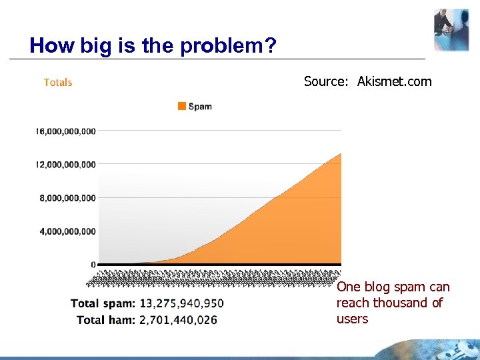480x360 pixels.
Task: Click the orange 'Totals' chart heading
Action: tap(58, 83)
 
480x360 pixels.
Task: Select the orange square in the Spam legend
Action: tap(181, 106)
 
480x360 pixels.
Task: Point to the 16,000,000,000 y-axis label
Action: tap(65, 131)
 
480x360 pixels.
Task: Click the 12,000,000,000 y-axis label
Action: tap(65, 165)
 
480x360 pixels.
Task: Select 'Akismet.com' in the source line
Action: tap(394, 82)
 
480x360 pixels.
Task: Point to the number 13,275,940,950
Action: tap(181, 304)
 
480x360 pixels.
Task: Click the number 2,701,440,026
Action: tap(178, 320)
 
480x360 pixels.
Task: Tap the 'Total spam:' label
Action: tap(103, 304)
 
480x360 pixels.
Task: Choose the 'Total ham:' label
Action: tap(106, 320)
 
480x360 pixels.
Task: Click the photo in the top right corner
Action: tap(451, 30)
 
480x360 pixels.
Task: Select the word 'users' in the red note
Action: tap(352, 319)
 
